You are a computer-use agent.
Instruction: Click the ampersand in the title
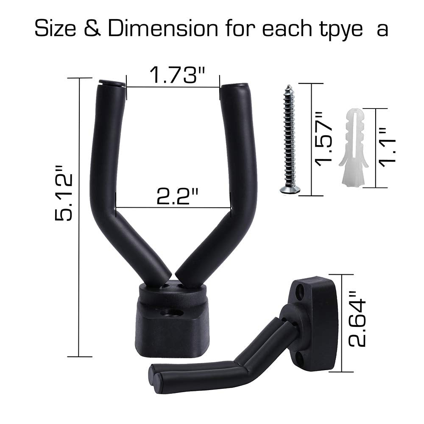[94, 29]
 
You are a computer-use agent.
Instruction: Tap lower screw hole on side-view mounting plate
[307, 358]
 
